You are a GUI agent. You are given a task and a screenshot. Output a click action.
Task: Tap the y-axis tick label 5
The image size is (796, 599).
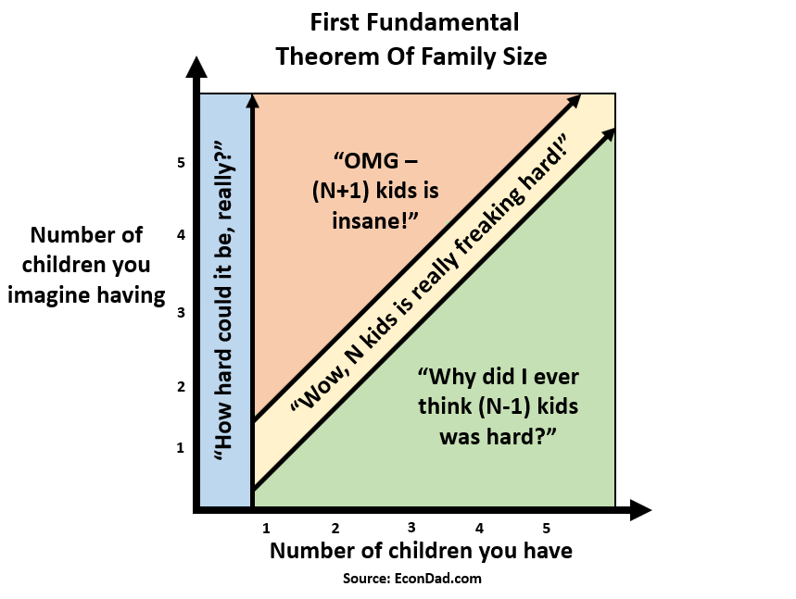tap(182, 163)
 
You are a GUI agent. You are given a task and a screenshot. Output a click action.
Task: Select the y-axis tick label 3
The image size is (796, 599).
tap(182, 312)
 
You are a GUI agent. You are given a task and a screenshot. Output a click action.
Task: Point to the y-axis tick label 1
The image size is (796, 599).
tap(180, 448)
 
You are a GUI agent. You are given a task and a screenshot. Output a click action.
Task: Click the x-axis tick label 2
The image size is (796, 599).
tap(335, 529)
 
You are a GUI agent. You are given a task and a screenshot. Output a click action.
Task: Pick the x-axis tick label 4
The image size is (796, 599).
tap(479, 529)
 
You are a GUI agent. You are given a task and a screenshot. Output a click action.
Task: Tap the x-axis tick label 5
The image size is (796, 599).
tap(546, 529)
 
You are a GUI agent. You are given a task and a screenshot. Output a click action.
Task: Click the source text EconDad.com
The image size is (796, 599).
tap(437, 579)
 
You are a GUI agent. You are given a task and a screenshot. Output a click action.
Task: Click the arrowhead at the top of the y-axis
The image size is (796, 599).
tap(196, 67)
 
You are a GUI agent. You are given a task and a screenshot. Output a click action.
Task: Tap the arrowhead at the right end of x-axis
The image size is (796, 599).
tap(640, 510)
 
